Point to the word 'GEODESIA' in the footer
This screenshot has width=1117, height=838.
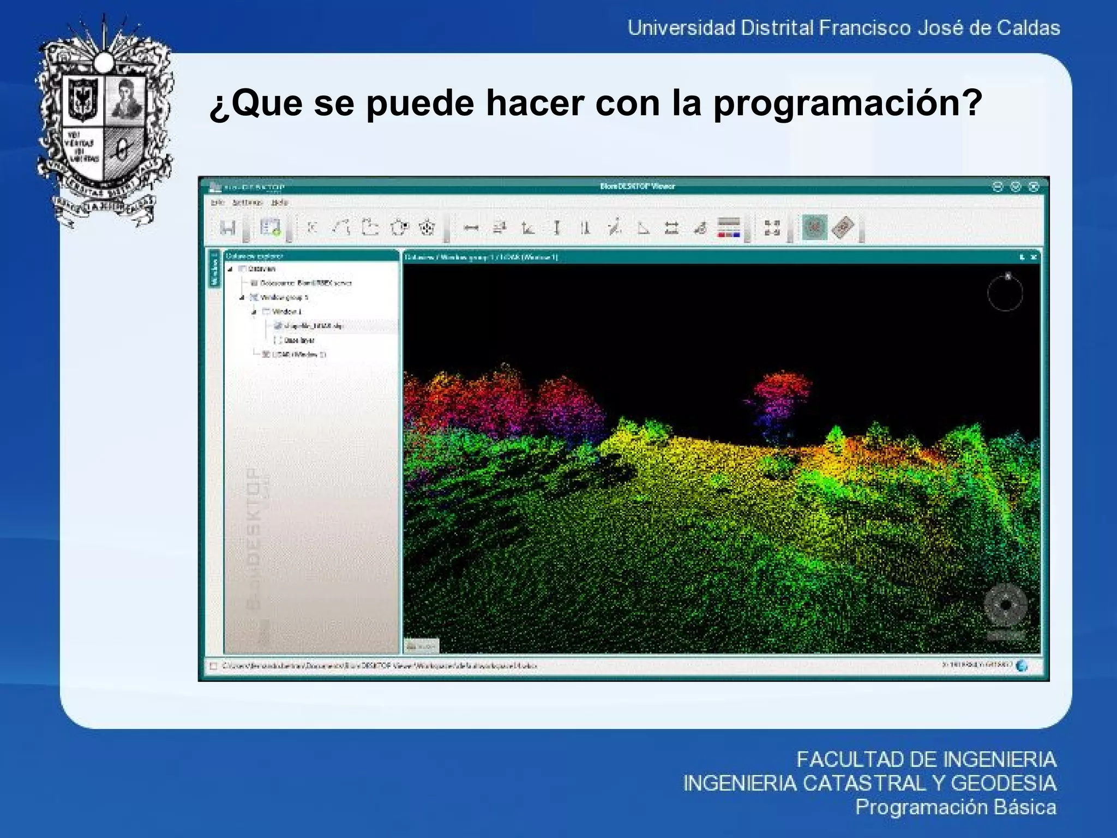coord(1003,783)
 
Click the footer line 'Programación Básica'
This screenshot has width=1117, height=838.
coord(955,807)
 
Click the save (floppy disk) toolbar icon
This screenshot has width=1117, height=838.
coord(228,228)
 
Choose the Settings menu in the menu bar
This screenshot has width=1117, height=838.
coord(247,202)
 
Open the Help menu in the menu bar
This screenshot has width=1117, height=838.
coord(279,202)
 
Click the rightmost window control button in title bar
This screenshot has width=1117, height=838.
coord(1033,187)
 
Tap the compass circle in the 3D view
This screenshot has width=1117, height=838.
coord(1005,294)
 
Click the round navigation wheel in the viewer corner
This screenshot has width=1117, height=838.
coord(1005,605)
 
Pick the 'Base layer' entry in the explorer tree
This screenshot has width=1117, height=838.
coord(299,340)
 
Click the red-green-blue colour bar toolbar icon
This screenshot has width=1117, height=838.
coord(729,228)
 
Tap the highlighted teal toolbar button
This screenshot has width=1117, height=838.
coord(814,228)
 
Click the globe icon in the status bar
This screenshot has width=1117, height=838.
coord(1022,666)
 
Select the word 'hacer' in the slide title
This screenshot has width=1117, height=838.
coord(535,103)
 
